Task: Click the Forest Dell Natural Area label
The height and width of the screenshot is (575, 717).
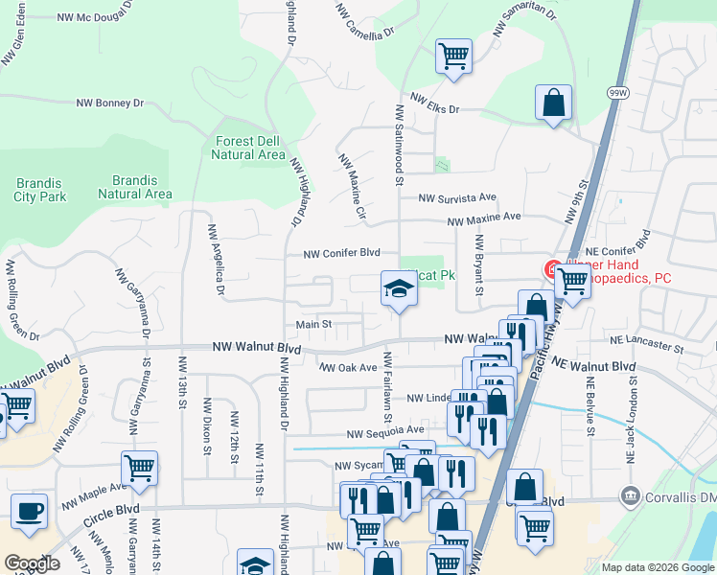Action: coord(247,148)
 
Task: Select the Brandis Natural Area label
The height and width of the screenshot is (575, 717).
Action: coord(135,187)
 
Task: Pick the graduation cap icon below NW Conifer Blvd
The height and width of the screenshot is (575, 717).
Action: coord(398,288)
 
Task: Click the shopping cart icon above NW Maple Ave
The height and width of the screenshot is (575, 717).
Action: coord(139,469)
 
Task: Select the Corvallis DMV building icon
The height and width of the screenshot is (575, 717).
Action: coord(630,495)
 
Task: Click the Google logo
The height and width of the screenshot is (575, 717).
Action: coord(32,563)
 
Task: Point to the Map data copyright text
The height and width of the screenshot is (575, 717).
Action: coord(657,567)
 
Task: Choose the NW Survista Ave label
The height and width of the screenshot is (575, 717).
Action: coord(456,198)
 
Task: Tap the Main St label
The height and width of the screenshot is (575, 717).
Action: coord(313,325)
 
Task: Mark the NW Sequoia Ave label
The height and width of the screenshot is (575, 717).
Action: coord(383,430)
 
